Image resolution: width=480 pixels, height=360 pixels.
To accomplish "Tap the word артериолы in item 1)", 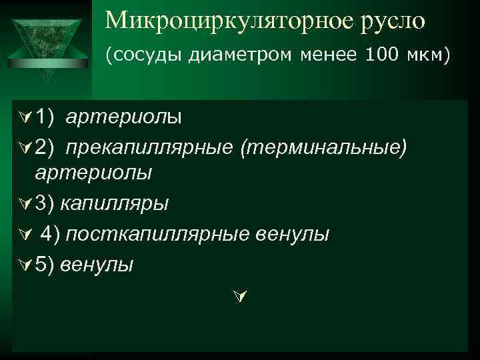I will point(123,117).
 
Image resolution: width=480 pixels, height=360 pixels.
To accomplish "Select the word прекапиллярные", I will point(150,146).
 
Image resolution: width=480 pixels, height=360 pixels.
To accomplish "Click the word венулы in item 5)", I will point(97,265).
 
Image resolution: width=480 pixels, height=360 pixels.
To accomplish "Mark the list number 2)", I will point(45,146).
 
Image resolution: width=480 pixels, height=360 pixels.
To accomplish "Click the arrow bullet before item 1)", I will point(25,118).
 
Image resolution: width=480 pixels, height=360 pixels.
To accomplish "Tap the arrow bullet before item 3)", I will point(25,203).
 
